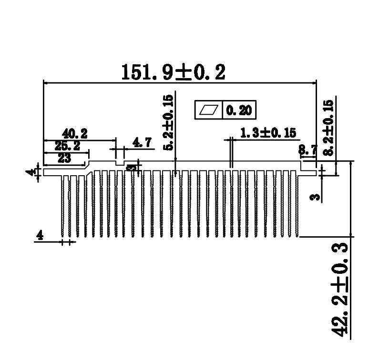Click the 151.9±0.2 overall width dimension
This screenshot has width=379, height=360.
pyautogui.click(x=173, y=72)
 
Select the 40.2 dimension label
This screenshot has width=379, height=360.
pyautogui.click(x=74, y=133)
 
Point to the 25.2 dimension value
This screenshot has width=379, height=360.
pyautogui.click(x=67, y=146)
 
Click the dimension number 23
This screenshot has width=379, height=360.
pyautogui.click(x=64, y=159)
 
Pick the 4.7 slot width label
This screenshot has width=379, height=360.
pyautogui.click(x=142, y=142)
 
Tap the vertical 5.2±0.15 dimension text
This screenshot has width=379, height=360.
pyautogui.click(x=168, y=123)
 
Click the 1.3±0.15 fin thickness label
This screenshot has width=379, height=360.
pyautogui.click(x=268, y=133)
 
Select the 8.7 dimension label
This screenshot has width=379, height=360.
pyautogui.click(x=307, y=150)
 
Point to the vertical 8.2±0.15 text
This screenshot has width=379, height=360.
pyautogui.click(x=328, y=128)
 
